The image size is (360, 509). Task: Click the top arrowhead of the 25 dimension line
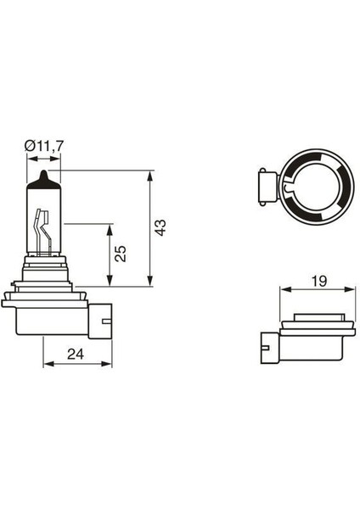pos(110,228)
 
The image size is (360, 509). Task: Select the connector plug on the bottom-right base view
pos(263,344)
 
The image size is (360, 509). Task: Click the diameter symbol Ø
pos(31,147)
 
